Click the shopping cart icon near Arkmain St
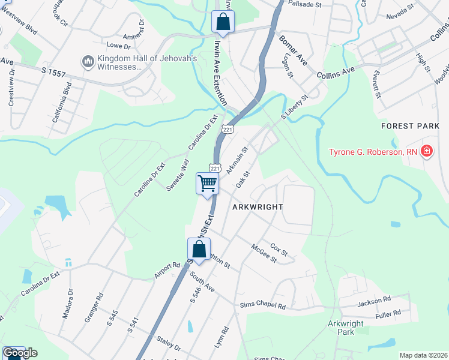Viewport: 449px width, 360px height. pyautogui.click(x=207, y=182)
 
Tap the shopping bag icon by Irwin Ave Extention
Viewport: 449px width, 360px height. pyautogui.click(x=223, y=22)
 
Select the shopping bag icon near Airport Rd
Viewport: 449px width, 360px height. pyautogui.click(x=199, y=248)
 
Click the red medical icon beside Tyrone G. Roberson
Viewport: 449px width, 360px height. pyautogui.click(x=426, y=151)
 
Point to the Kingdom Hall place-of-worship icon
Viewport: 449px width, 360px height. pyautogui.click(x=88, y=62)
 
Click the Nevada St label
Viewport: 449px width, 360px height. pyautogui.click(x=400, y=17)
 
